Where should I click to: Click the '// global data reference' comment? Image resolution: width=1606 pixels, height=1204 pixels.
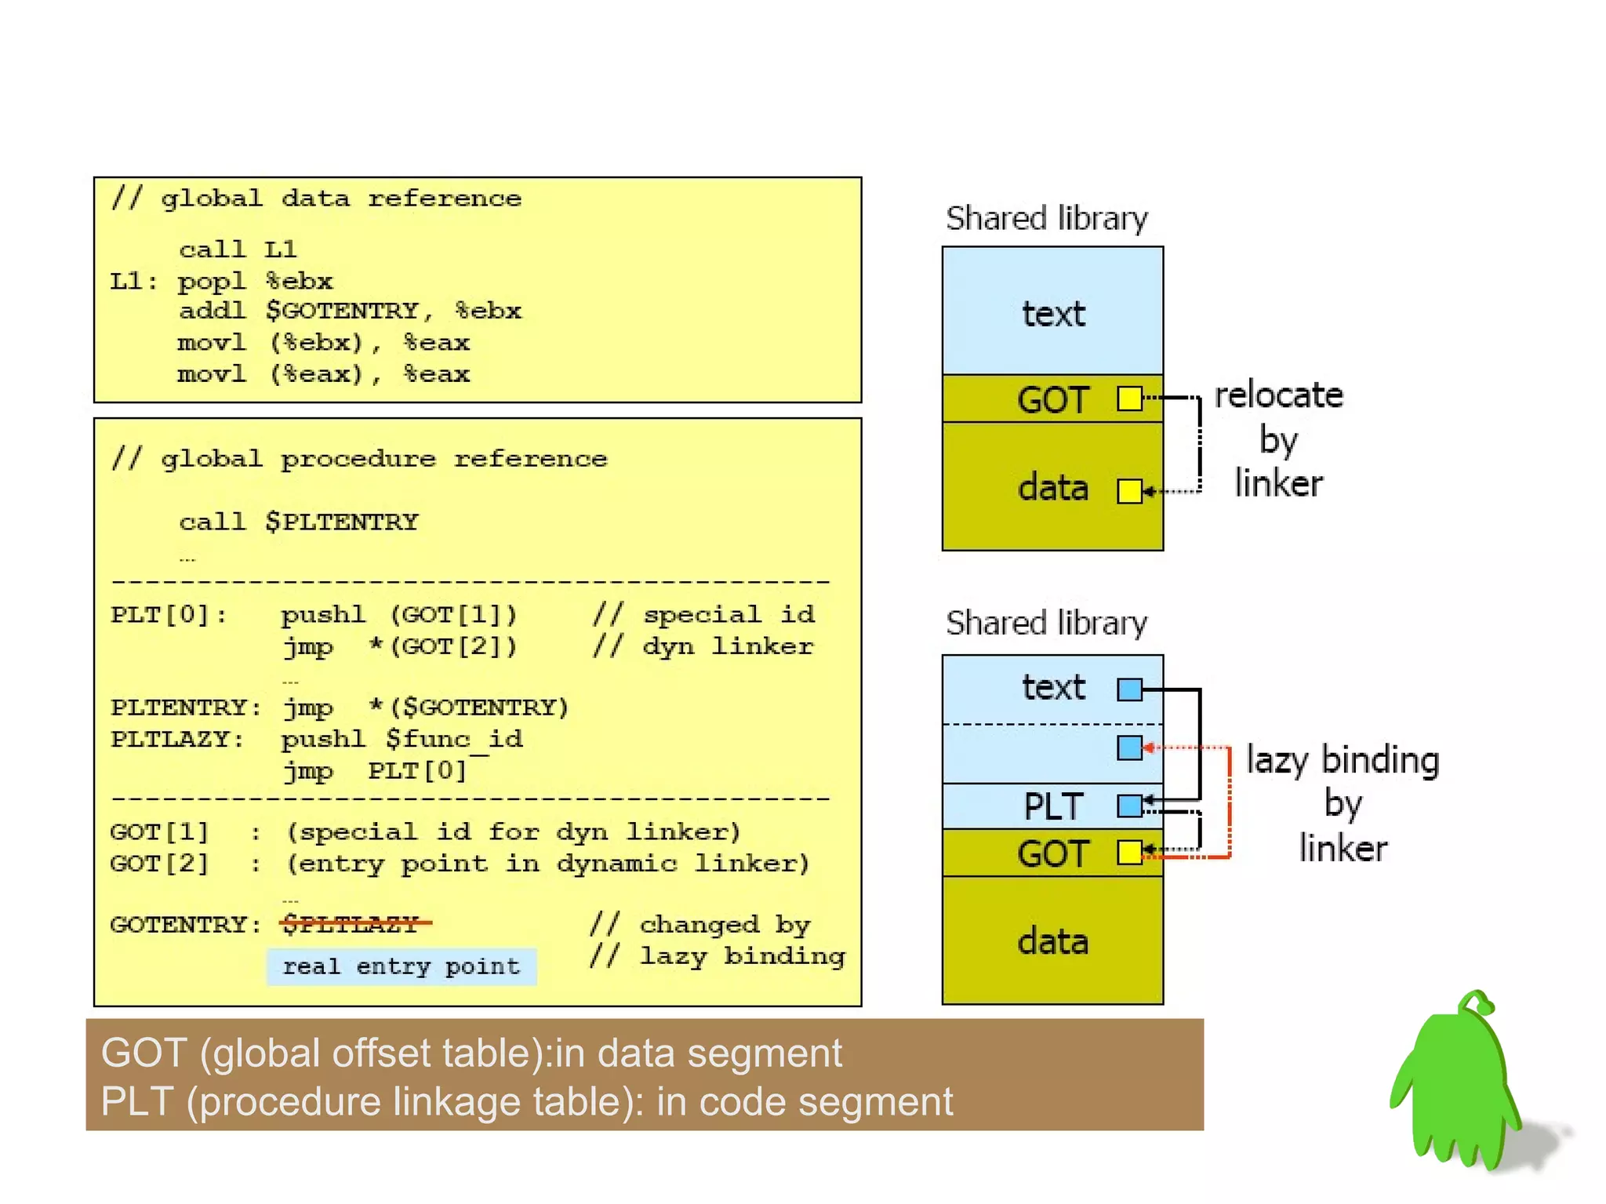click(x=316, y=198)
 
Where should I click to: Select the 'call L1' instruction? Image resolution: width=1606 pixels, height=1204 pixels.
click(x=238, y=249)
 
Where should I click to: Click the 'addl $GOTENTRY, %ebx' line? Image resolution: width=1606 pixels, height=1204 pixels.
click(x=350, y=311)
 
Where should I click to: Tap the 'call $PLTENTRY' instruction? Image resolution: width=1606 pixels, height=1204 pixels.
click(x=298, y=522)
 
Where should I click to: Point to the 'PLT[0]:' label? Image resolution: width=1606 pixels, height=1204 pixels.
click(x=168, y=614)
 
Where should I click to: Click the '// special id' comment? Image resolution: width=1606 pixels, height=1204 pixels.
click(x=703, y=614)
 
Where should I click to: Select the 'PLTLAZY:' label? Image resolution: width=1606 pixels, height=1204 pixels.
click(x=177, y=739)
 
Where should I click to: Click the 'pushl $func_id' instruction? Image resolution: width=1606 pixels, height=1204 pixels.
click(x=401, y=739)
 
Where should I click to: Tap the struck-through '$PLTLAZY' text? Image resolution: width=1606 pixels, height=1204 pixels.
click(x=351, y=924)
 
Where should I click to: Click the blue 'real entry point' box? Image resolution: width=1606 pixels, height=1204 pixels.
click(x=401, y=966)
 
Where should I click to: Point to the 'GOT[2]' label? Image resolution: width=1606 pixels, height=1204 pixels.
click(x=159, y=864)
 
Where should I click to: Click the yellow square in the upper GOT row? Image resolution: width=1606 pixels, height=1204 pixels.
click(x=1129, y=398)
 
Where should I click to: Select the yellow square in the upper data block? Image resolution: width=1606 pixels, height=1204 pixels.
click(x=1129, y=492)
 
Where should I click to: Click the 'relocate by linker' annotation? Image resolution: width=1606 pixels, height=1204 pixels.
click(x=1278, y=439)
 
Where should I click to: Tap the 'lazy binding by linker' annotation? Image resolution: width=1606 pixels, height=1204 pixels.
click(x=1343, y=804)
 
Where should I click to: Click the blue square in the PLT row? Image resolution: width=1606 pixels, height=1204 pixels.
click(x=1129, y=806)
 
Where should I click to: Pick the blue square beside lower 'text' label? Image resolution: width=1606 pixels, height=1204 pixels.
click(x=1129, y=689)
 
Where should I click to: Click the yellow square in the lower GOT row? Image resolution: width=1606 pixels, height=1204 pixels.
click(x=1129, y=852)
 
